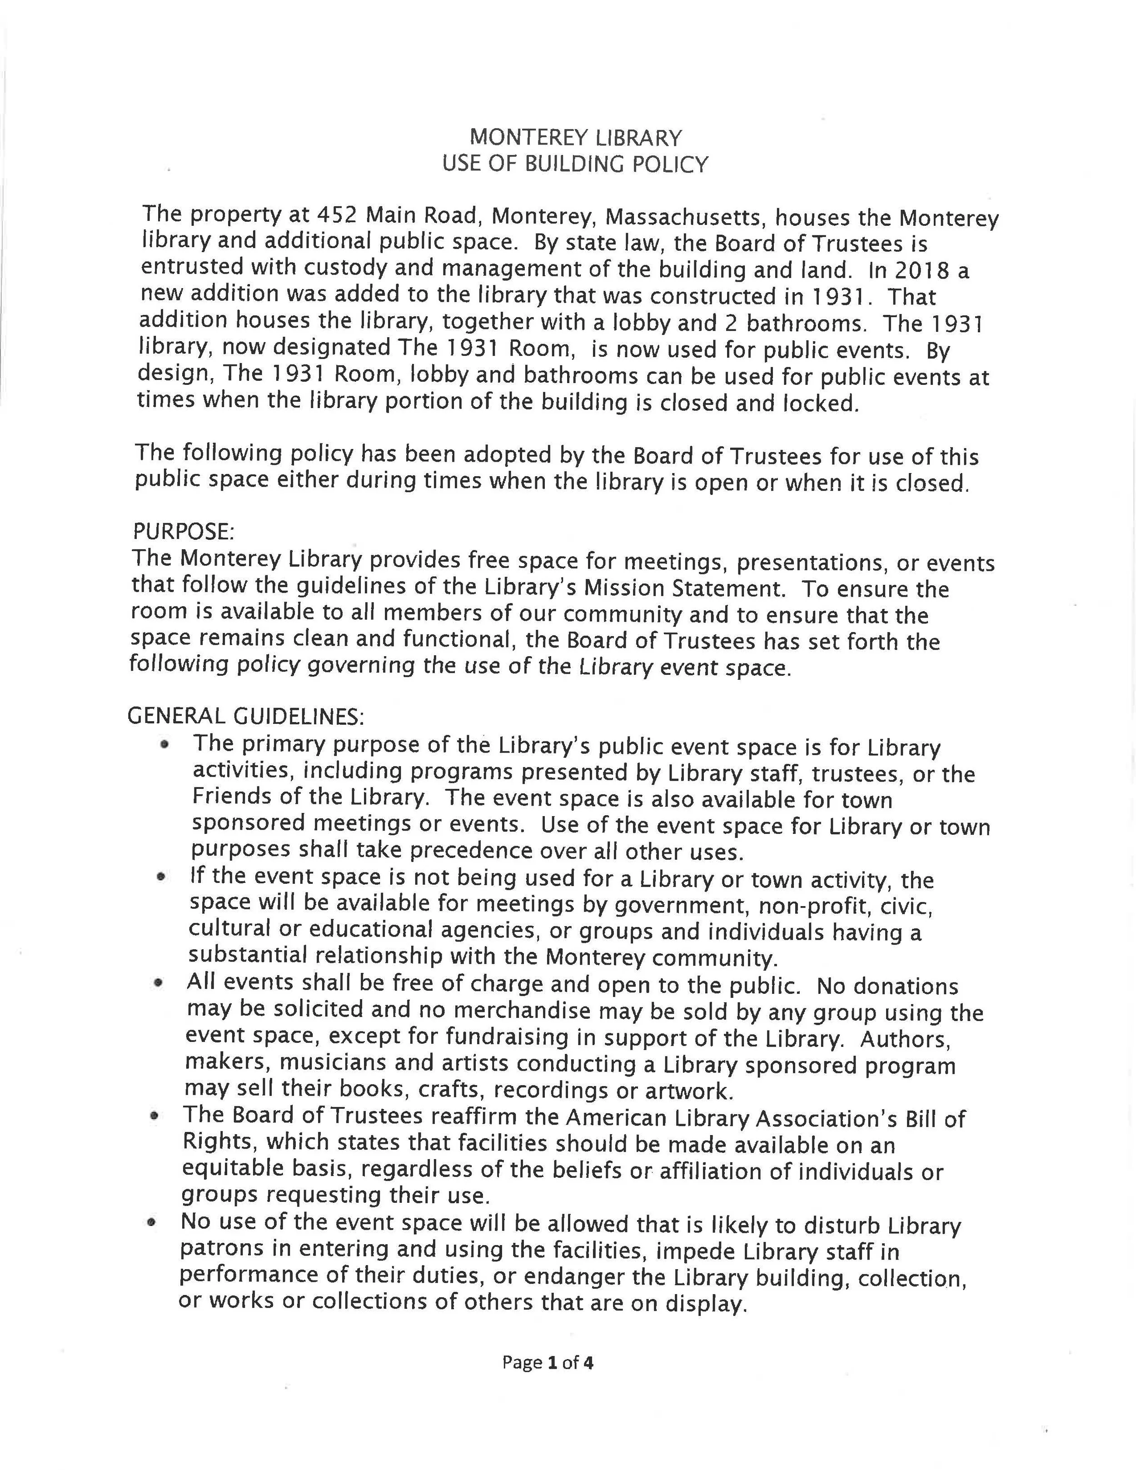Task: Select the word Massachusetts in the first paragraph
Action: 685,217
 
